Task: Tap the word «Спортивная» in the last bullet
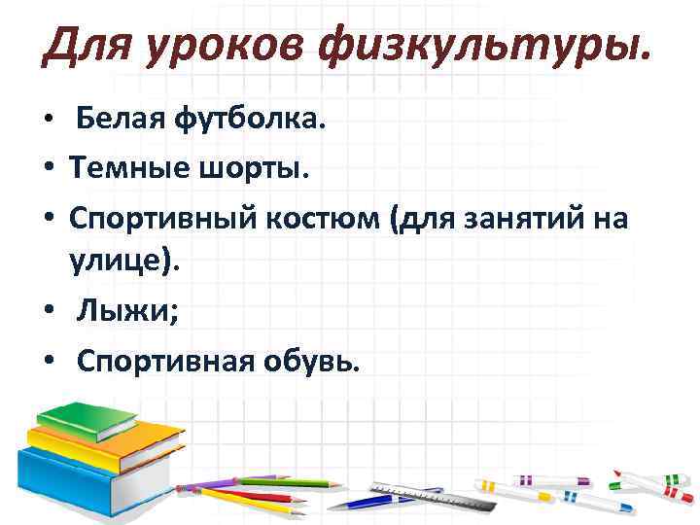coord(160,362)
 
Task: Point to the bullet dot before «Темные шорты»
coord(48,171)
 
